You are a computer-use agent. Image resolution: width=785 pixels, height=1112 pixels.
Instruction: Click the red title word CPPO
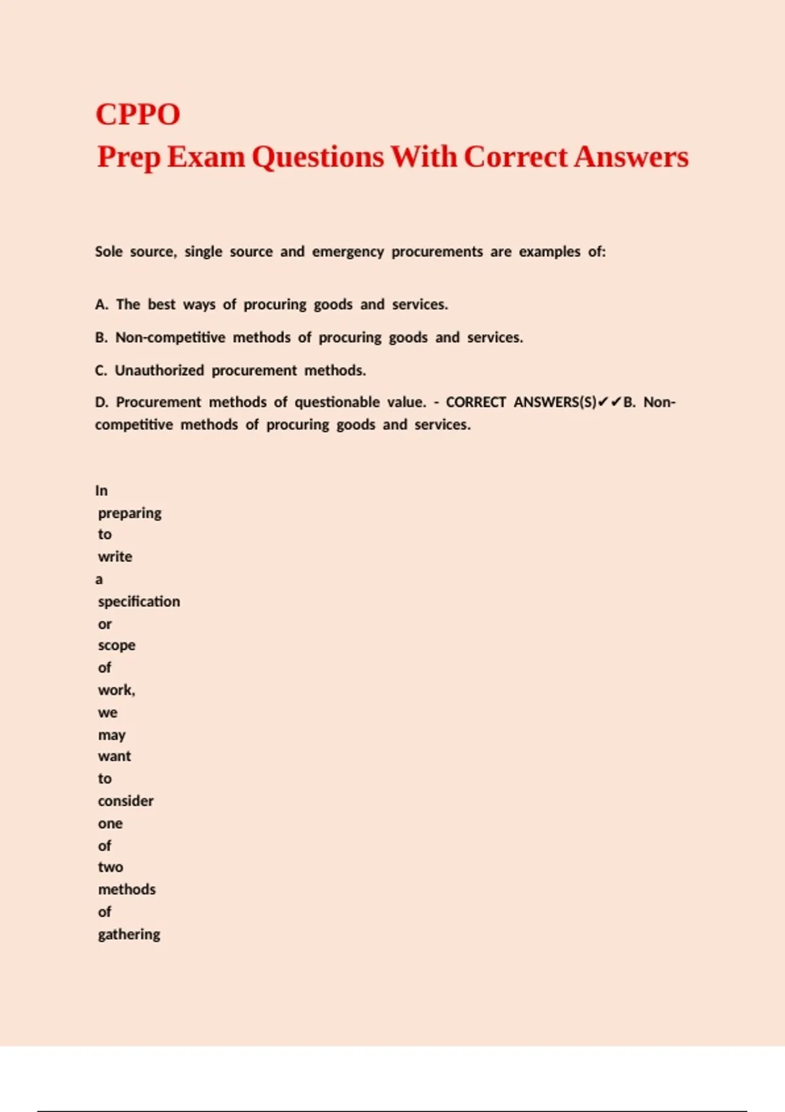tap(137, 114)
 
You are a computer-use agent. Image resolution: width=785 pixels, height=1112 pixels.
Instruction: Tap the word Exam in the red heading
tap(205, 157)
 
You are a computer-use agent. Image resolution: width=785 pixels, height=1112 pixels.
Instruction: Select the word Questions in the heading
tap(318, 157)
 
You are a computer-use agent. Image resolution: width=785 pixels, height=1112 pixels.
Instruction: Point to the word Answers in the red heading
tap(631, 157)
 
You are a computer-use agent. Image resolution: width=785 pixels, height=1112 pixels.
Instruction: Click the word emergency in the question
tap(347, 252)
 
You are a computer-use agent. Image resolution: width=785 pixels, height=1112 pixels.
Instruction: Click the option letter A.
tap(101, 305)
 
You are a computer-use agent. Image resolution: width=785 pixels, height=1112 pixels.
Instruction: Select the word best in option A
tap(162, 305)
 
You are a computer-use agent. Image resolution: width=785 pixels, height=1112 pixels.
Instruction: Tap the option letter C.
tap(101, 371)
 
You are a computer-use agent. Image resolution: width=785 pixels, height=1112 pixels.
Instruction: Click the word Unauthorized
tap(160, 371)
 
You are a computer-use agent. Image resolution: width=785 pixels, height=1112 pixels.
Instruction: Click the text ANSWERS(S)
tap(555, 402)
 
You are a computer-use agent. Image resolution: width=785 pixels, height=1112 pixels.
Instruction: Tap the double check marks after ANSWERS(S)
tap(610, 402)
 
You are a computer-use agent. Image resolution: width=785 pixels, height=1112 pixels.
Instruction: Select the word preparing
tap(130, 513)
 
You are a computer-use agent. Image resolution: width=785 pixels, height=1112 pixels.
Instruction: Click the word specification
tap(139, 602)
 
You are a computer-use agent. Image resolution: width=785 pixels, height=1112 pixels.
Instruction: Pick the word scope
tap(116, 646)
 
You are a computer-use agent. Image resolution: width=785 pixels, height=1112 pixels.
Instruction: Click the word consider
tap(126, 801)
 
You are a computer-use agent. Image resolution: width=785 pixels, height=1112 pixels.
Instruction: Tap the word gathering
tap(129, 935)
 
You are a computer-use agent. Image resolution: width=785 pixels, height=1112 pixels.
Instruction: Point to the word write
tap(115, 557)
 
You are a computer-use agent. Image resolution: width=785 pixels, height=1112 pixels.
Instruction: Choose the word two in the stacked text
tap(111, 867)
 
